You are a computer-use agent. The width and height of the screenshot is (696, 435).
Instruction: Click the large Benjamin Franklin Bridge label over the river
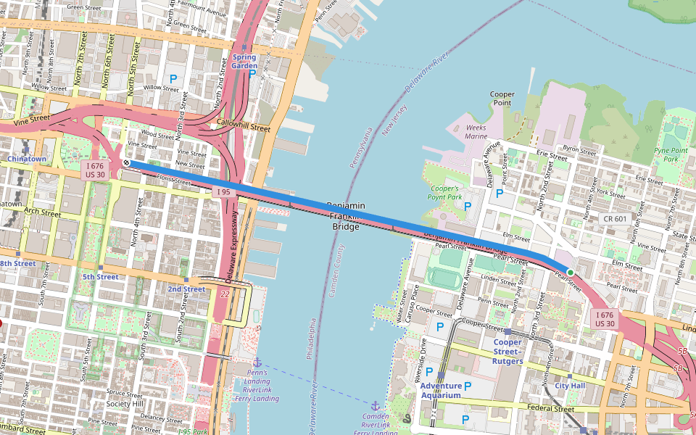(x=346, y=216)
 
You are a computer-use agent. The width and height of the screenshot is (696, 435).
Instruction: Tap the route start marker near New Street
(x=127, y=164)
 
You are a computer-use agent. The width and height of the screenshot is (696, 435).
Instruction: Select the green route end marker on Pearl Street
(x=570, y=273)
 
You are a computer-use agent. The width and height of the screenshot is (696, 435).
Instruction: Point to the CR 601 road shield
(x=614, y=218)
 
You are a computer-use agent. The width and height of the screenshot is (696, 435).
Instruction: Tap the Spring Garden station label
(x=244, y=61)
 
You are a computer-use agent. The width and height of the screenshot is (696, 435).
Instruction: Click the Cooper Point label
(x=502, y=99)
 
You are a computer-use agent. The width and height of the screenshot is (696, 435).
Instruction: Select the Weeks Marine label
(x=476, y=131)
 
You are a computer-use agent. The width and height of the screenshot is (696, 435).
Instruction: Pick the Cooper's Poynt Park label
(x=445, y=192)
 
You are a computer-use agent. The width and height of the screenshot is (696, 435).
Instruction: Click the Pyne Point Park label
(x=671, y=154)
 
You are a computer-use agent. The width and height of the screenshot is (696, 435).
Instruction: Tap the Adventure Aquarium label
(x=440, y=390)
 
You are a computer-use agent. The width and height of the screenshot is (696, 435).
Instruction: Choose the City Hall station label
(x=570, y=386)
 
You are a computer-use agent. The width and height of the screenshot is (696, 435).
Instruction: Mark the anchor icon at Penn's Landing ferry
(x=257, y=362)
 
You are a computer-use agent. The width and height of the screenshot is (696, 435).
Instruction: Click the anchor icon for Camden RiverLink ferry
(x=376, y=406)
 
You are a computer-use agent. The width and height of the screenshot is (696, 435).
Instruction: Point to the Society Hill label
(x=123, y=404)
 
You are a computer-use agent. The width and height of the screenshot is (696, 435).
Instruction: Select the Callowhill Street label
(x=243, y=128)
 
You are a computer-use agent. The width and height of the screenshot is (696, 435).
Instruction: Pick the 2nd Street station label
(x=186, y=289)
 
